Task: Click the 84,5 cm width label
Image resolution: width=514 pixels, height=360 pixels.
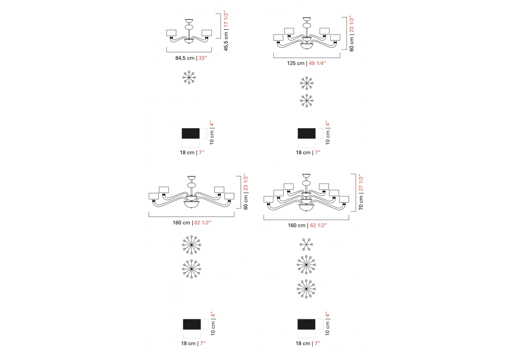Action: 185,58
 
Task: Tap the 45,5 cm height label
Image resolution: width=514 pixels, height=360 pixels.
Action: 226,41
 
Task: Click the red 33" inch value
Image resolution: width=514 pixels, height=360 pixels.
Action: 203,58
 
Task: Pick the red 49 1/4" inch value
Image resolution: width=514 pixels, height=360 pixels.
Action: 317,63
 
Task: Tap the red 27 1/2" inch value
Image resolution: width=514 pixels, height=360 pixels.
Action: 361,183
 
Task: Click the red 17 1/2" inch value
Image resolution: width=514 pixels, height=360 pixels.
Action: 226,19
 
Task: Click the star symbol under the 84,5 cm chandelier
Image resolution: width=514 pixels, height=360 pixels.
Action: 189,77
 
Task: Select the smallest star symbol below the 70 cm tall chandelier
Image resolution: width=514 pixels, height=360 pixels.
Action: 306,245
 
